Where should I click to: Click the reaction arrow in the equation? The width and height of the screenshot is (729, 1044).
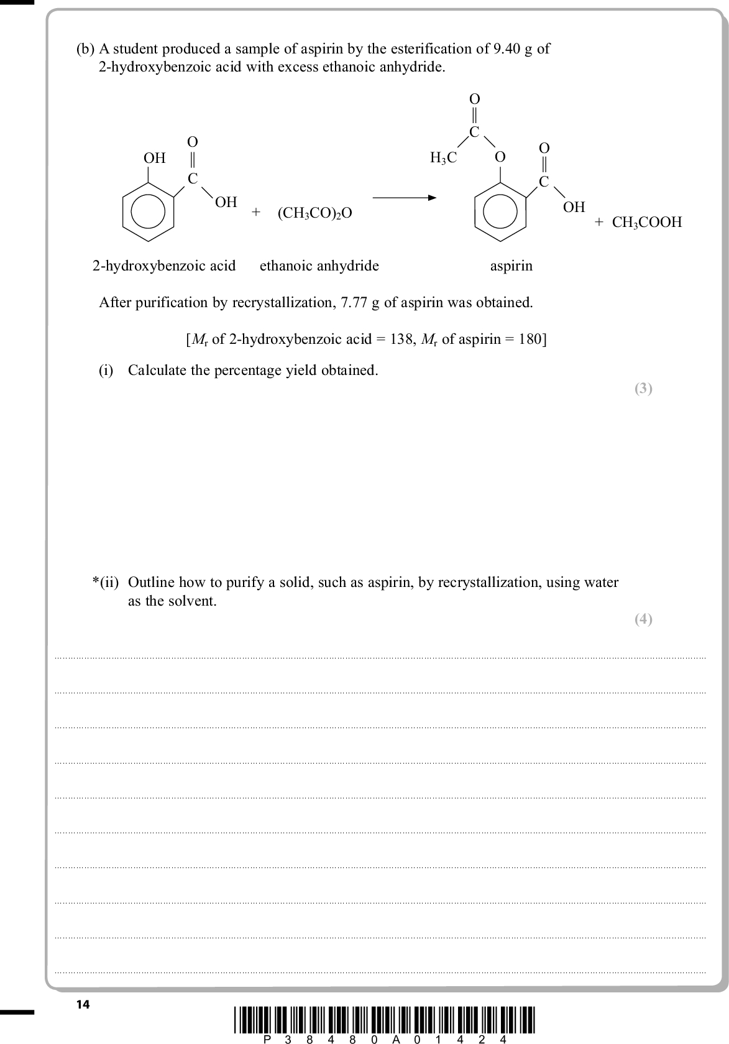pyautogui.click(x=404, y=198)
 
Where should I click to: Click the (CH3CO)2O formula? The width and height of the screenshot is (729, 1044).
pyautogui.click(x=314, y=213)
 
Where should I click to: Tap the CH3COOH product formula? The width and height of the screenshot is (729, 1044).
pyautogui.click(x=646, y=222)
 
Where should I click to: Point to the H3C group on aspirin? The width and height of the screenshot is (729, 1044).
pyautogui.click(x=443, y=158)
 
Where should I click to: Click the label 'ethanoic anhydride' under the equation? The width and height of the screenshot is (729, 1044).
pyautogui.click(x=319, y=266)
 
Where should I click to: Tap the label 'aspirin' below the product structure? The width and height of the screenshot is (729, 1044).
pyautogui.click(x=511, y=266)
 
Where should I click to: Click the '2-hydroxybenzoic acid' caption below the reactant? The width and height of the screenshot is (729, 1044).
pyautogui.click(x=164, y=266)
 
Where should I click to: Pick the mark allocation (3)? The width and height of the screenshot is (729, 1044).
pyautogui.click(x=643, y=389)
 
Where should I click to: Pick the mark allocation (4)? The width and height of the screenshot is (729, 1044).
pyautogui.click(x=643, y=619)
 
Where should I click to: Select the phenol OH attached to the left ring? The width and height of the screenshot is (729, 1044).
pyautogui.click(x=155, y=158)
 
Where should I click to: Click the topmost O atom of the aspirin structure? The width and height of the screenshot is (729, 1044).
pyautogui.click(x=474, y=99)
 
